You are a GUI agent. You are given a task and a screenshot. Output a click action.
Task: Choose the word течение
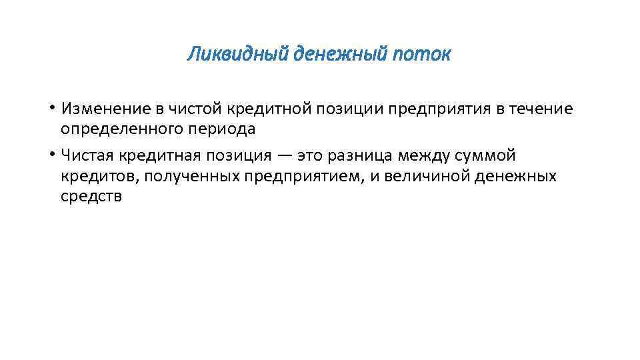541,109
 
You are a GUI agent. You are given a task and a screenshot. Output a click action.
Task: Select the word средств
91,197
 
